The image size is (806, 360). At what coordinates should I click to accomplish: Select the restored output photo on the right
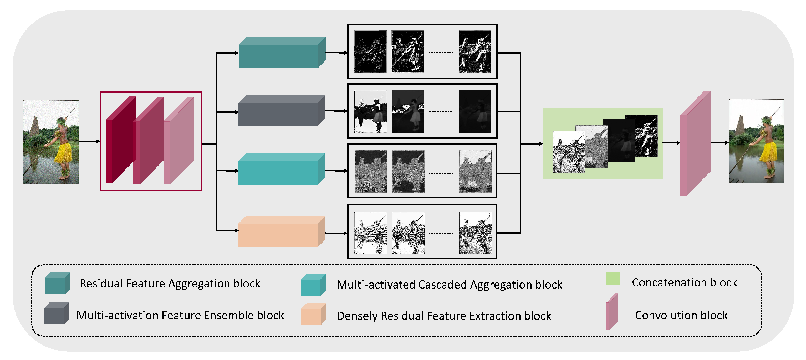756,141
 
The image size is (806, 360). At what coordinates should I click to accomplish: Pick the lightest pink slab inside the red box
179,141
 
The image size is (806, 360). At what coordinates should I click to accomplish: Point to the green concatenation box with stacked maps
603,144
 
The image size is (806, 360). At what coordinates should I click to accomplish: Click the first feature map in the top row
370,52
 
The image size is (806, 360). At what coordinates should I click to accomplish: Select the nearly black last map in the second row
475,111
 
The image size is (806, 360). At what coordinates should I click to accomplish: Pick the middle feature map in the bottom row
408,233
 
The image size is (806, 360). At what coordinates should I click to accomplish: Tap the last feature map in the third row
475,171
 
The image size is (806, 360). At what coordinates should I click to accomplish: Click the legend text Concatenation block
684,282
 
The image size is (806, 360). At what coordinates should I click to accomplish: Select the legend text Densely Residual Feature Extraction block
444,316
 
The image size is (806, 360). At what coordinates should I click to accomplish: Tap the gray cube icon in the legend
56,313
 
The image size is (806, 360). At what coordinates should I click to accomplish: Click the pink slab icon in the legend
612,312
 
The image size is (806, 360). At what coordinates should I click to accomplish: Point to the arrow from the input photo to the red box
89,141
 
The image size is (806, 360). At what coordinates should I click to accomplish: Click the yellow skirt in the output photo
770,152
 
